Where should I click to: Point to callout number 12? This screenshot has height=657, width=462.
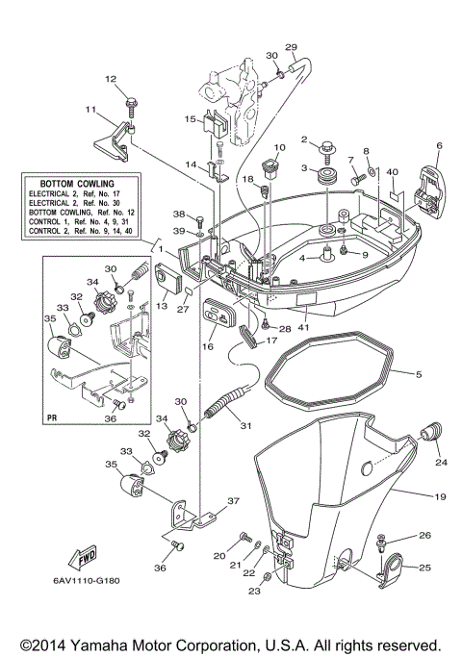coord(110,79)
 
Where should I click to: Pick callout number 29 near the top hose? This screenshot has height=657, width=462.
coord(292,47)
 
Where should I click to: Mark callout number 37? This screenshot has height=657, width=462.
coord(231,501)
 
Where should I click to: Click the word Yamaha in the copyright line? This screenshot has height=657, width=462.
coord(120,644)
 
